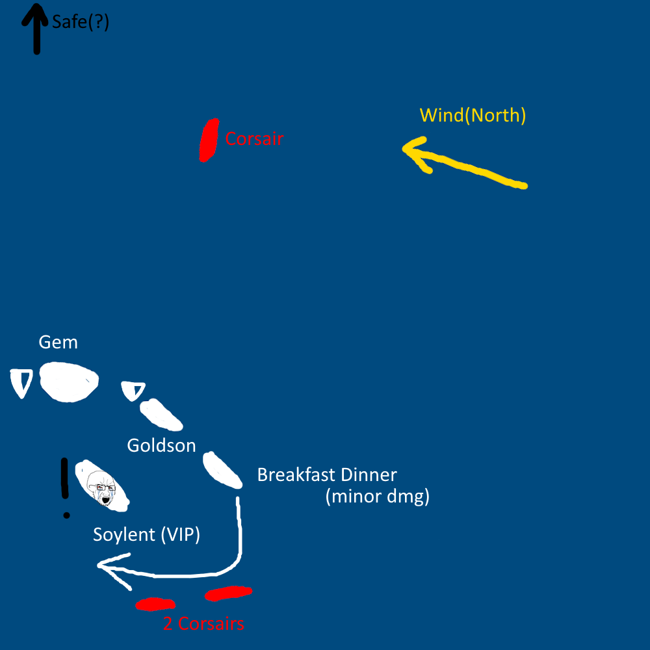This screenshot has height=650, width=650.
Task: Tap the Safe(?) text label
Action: tap(81, 22)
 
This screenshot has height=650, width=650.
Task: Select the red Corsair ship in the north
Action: tap(209, 140)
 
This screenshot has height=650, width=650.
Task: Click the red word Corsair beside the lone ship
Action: tap(254, 138)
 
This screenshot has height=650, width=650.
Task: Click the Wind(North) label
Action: tap(473, 116)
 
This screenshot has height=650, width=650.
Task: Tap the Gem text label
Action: tap(58, 342)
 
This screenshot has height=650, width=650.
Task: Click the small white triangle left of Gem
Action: tap(22, 382)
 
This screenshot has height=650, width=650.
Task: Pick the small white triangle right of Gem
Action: tap(133, 391)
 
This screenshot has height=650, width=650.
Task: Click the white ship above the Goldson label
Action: tap(161, 415)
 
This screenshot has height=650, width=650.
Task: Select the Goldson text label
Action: tap(161, 445)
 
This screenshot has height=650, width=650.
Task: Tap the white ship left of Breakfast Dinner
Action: tap(222, 470)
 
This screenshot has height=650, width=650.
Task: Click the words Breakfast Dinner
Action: tap(326, 474)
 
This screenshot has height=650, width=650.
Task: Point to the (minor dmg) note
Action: tap(377, 497)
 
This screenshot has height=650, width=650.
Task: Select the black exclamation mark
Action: tap(65, 487)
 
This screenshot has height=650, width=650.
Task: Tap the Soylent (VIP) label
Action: tap(146, 535)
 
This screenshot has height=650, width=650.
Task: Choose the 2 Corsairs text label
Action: tap(203, 624)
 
